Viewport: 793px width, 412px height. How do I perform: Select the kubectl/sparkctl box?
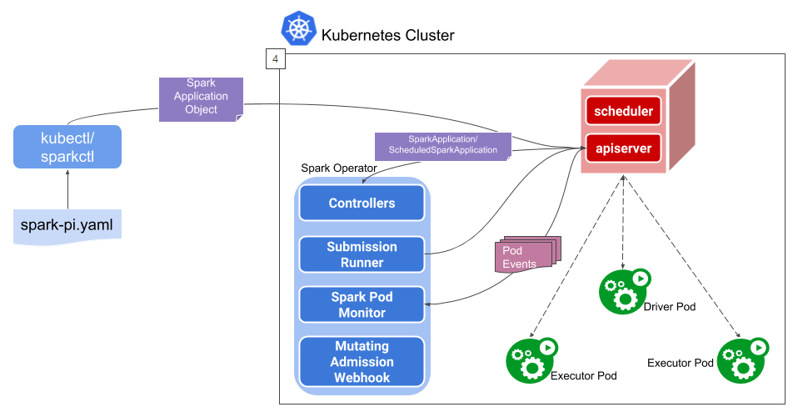click(67, 146)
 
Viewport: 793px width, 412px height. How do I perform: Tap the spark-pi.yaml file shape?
click(67, 225)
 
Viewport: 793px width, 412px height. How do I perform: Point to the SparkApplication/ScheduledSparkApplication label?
click(441, 145)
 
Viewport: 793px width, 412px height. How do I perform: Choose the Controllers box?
click(362, 203)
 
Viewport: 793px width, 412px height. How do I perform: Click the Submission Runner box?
click(362, 254)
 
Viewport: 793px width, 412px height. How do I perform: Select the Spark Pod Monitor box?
click(362, 304)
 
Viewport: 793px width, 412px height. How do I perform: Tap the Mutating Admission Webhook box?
click(362, 362)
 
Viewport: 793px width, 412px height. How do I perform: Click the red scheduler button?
click(623, 111)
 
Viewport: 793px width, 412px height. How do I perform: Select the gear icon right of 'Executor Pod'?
click(741, 359)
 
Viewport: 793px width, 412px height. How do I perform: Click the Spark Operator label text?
click(338, 168)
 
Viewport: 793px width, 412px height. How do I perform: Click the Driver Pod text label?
click(669, 307)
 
